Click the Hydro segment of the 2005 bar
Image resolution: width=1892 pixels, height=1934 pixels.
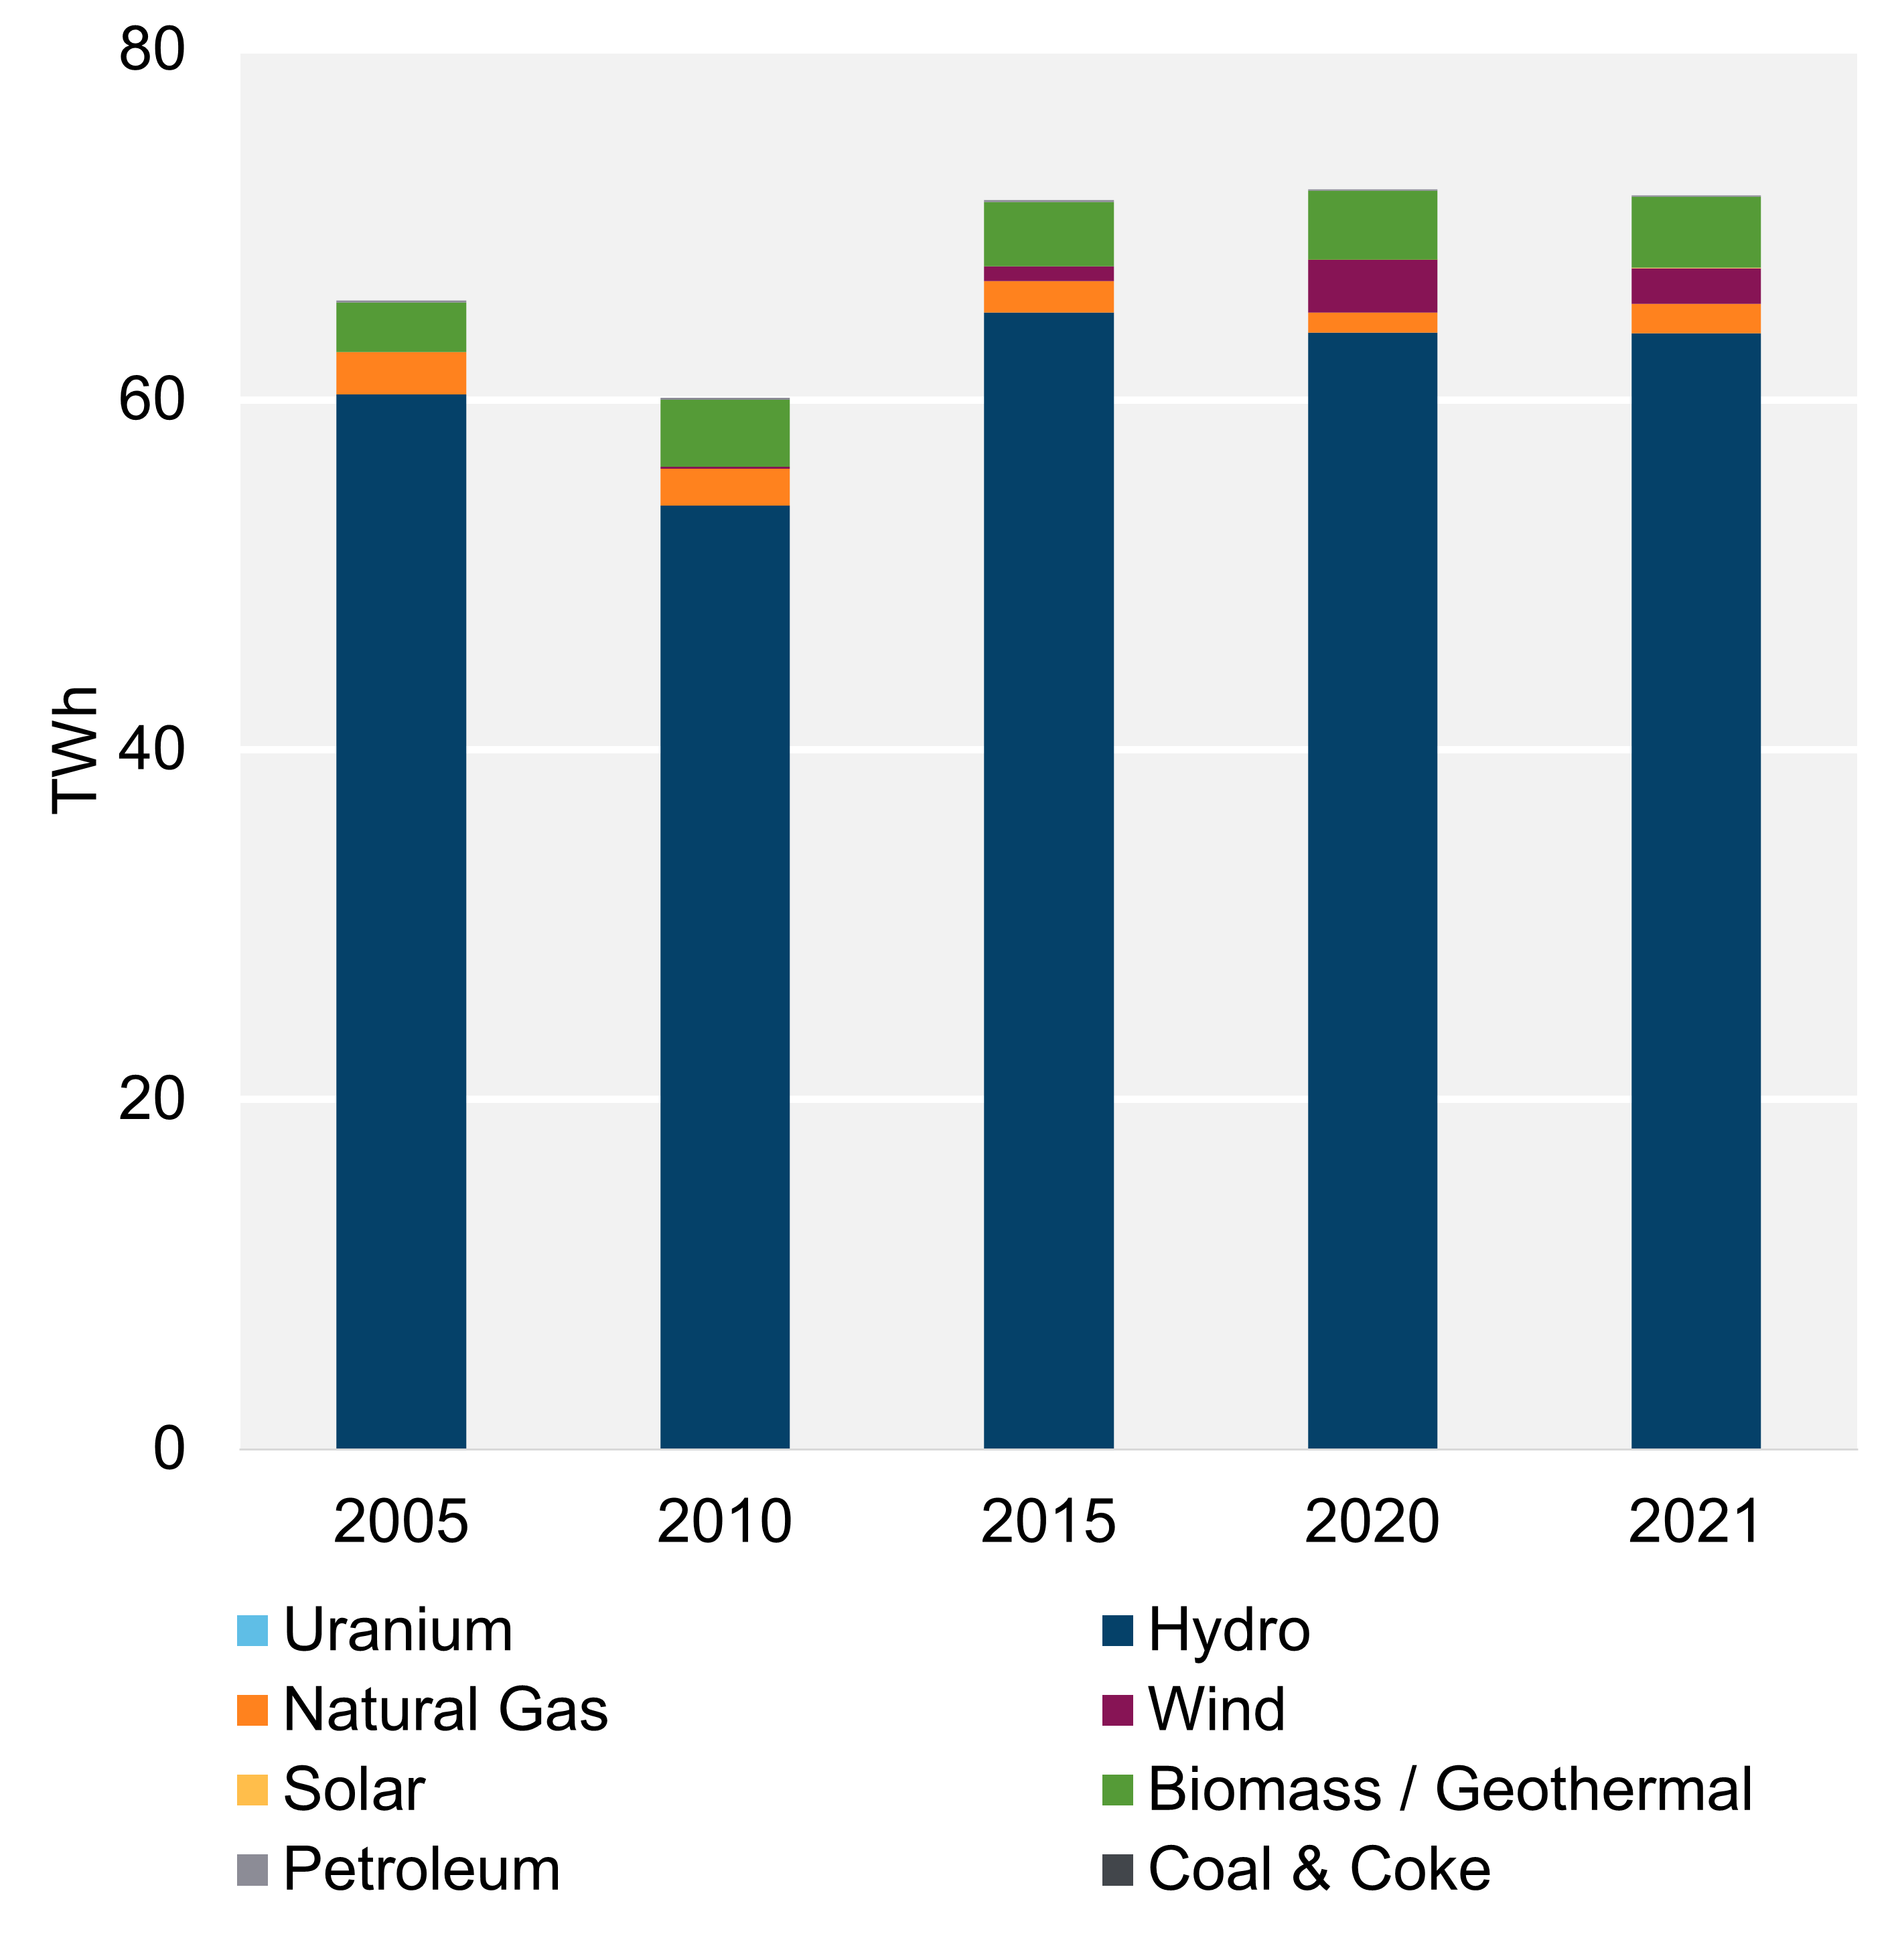pos(401,919)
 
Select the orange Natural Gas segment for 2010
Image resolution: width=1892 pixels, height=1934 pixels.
pos(725,486)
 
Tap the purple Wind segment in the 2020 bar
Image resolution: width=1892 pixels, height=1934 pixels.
pos(1372,285)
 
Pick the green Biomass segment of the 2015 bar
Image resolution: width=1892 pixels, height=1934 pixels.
pos(1048,234)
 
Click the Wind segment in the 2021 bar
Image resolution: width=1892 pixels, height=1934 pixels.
pos(1695,285)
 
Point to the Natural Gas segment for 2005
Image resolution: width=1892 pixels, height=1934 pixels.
pos(401,373)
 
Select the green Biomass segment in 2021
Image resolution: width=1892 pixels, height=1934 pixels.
pos(1695,232)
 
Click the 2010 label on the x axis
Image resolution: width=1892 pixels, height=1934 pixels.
pos(725,1521)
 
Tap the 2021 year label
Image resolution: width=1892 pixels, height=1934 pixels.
pos(1695,1521)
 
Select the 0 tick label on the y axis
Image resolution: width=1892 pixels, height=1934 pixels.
pos(169,1448)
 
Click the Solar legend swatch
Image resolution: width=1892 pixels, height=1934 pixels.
pos(252,1790)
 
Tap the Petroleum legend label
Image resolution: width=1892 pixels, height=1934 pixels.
pos(421,1870)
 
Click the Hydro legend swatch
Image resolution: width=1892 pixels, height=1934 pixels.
pos(1118,1631)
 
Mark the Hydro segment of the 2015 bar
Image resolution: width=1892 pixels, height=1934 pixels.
pos(1048,879)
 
